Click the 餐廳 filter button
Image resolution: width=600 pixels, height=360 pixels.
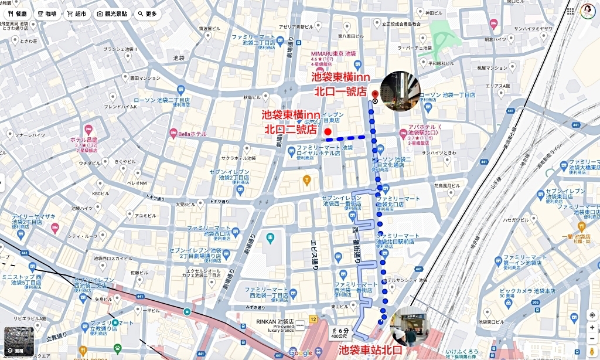click(x=17, y=13)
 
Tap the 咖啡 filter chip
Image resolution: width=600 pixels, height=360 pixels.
click(x=47, y=13)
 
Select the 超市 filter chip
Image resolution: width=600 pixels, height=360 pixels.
click(x=77, y=13)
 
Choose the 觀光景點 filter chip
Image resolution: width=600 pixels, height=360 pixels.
click(x=111, y=13)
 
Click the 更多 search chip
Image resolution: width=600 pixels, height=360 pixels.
click(x=148, y=13)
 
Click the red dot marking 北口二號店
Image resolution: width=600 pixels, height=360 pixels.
click(x=328, y=131)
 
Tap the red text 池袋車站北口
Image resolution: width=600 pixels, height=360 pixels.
click(x=371, y=350)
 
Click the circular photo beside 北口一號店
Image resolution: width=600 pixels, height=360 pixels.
click(x=400, y=91)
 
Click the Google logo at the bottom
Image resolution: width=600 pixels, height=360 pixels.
click(x=301, y=352)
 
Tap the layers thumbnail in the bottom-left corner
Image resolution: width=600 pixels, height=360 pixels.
click(x=19, y=342)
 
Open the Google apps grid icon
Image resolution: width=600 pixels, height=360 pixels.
click(x=570, y=11)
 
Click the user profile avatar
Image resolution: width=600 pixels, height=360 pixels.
click(x=588, y=11)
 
